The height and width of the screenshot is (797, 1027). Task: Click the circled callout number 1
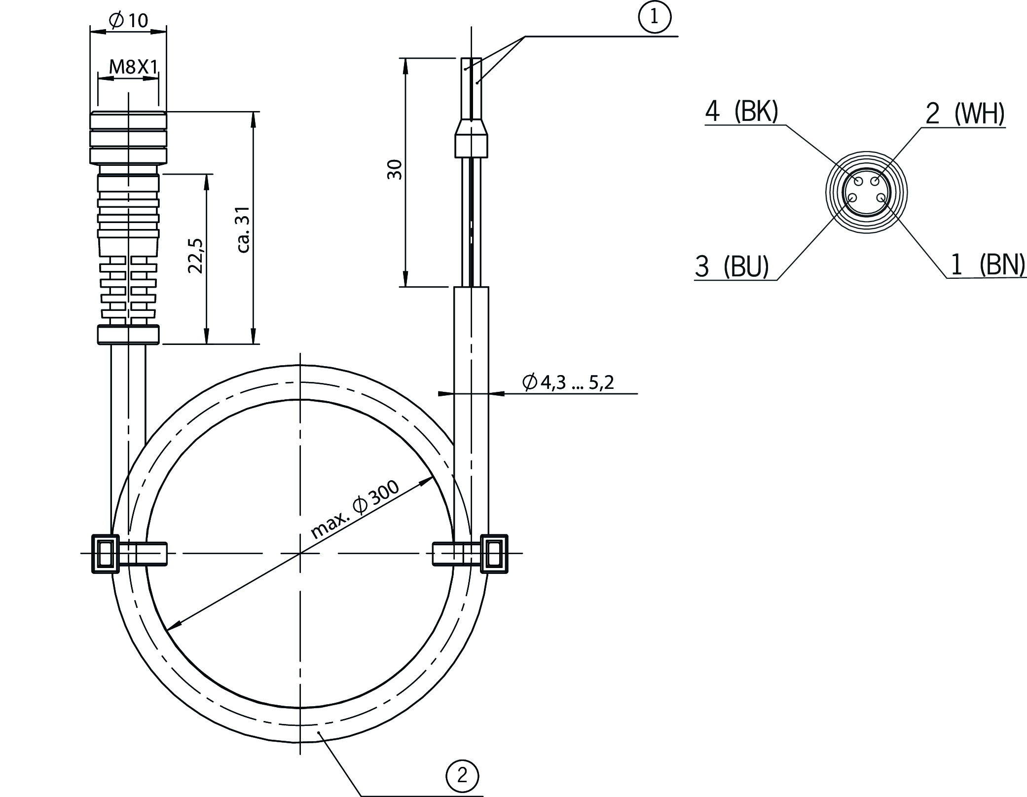[x=655, y=17]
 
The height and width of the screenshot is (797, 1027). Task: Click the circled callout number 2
[x=462, y=776]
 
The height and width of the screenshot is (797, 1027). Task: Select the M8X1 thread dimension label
[x=133, y=67]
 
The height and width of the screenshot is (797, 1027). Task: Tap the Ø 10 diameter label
[x=128, y=20]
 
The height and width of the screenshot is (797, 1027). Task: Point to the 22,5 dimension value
[x=196, y=256]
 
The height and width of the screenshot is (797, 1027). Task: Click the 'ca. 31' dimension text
[x=244, y=229]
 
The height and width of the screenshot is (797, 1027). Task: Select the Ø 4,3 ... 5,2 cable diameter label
[x=568, y=382]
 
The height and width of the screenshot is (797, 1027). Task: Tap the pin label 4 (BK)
[x=741, y=112]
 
